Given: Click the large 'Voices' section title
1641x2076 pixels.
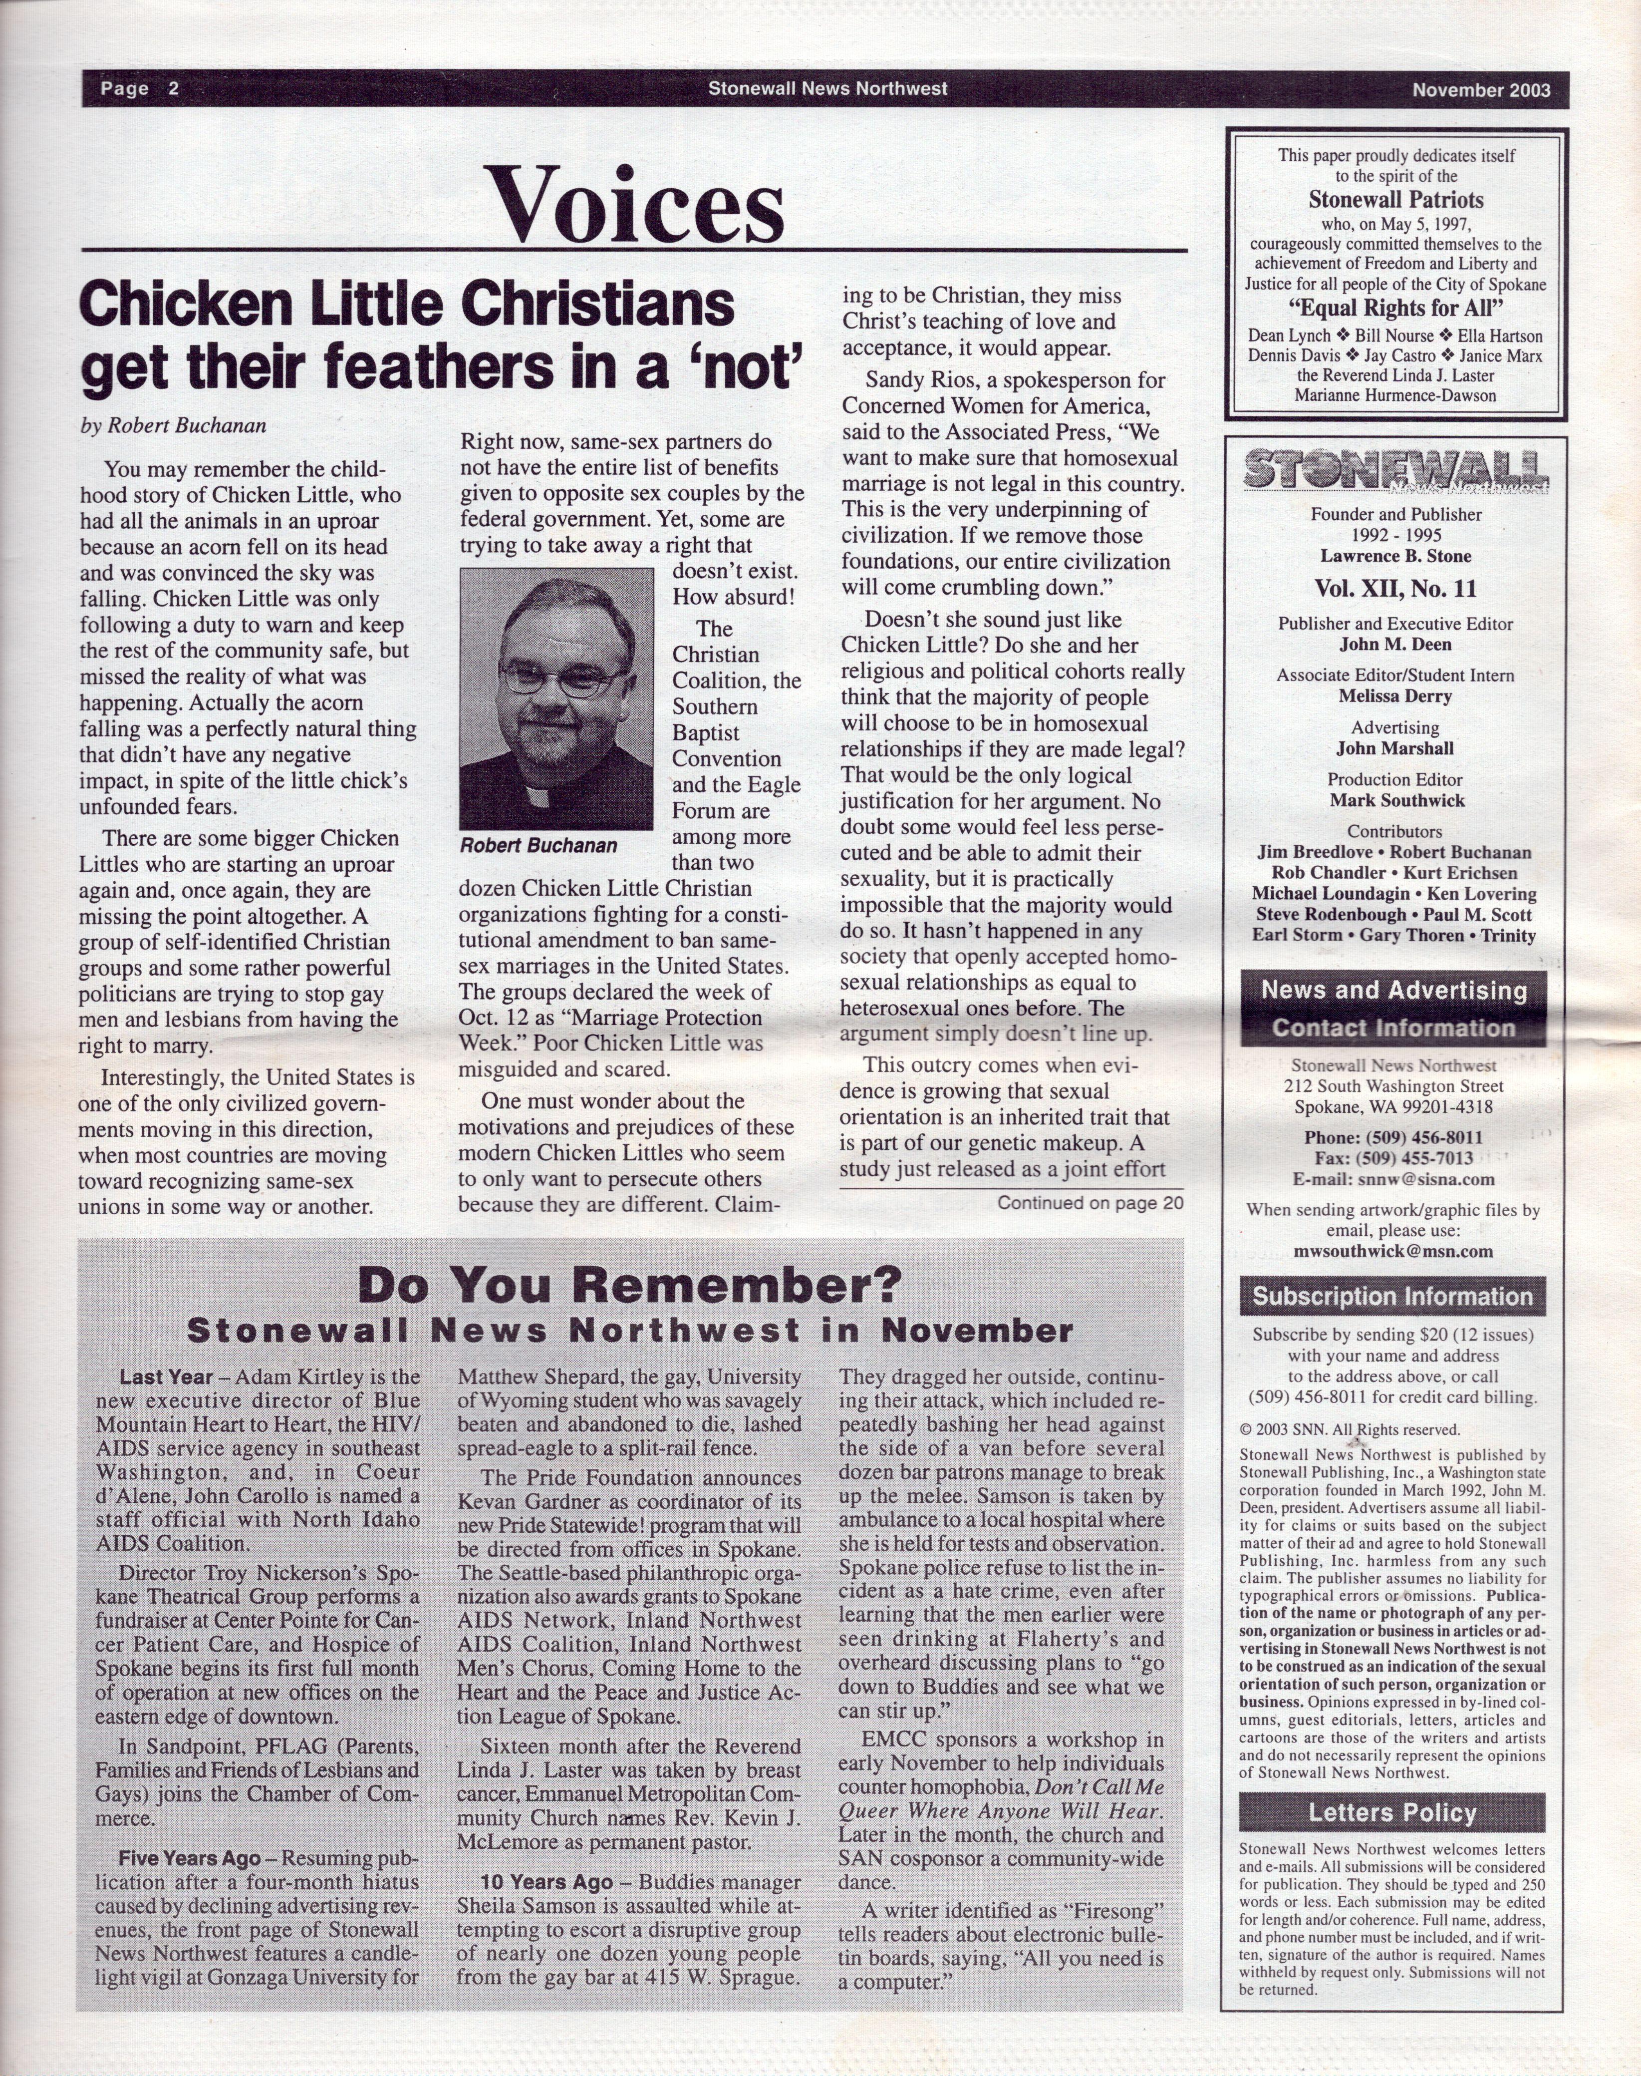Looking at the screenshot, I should coord(635,205).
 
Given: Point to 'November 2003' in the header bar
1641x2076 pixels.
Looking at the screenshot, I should coord(1481,90).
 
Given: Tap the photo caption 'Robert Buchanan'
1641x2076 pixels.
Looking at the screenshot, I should coord(538,846).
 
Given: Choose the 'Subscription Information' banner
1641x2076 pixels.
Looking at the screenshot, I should coord(1392,1297).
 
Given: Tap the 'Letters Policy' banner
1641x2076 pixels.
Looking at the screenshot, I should coord(1392,1813).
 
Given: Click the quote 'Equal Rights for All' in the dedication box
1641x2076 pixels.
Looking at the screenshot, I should coord(1395,309).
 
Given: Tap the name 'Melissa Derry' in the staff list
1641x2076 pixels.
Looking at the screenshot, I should coord(1395,696).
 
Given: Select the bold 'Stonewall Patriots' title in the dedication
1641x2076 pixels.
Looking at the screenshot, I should coord(1395,200).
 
